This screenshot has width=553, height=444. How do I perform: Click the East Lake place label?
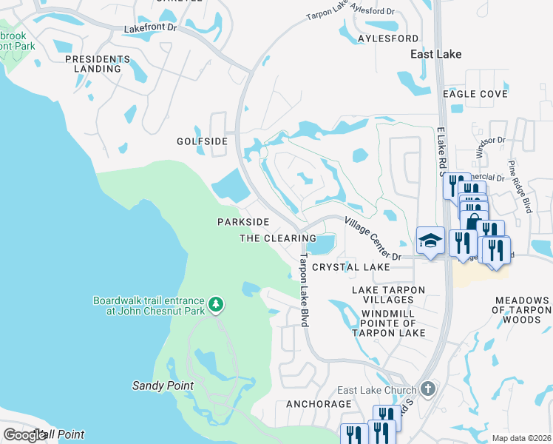(436, 54)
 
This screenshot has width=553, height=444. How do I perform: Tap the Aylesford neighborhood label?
(388, 38)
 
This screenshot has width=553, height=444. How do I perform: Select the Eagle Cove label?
(475, 94)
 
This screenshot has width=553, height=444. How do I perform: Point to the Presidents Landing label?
(92, 64)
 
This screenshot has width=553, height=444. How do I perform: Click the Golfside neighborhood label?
(201, 141)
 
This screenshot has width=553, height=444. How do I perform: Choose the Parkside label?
(242, 222)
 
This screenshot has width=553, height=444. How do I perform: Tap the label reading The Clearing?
(277, 238)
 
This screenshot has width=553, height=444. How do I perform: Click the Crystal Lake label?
(350, 266)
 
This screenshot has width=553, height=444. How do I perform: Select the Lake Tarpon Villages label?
(382, 295)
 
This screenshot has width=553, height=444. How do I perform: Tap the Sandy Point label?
(163, 386)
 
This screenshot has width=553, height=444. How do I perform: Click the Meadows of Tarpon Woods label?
(522, 309)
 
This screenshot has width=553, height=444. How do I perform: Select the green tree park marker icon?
(216, 304)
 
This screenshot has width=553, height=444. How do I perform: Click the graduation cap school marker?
(430, 241)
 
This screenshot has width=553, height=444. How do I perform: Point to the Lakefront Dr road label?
(152, 27)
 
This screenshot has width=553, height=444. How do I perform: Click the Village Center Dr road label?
(372, 238)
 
